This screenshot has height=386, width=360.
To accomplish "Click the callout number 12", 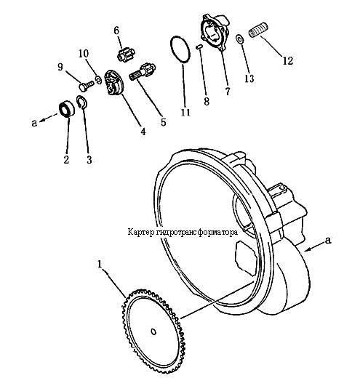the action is coord(287,60).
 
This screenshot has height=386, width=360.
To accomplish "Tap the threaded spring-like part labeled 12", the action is coord(258,30).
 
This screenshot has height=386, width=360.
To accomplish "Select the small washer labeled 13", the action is coord(239,39).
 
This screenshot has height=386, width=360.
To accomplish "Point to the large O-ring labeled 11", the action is coord(180,49).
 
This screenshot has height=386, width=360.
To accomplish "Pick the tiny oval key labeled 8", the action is coord(199,47).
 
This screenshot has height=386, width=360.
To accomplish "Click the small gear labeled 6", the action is coord(126,55).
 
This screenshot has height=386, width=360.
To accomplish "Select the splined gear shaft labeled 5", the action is coord(143,72).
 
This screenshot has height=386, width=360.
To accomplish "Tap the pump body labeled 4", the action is coord(113,83).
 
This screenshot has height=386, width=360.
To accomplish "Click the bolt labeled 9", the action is coord(87,86).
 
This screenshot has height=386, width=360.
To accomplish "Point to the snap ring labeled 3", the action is coord(82,102).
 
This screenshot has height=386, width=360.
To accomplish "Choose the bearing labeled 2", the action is coord(67,109).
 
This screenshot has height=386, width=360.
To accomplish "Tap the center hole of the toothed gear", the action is coord(153,331).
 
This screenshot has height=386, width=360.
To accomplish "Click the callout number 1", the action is coord(100,265).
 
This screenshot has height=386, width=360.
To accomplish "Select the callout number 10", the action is coord(84,53).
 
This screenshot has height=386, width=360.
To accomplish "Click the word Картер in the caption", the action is coord(140,232).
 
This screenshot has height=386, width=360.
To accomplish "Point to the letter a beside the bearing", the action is coord(34,122).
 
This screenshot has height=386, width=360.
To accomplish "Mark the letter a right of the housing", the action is coord(327,240).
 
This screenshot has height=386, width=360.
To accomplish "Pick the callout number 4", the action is coord(143,132).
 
